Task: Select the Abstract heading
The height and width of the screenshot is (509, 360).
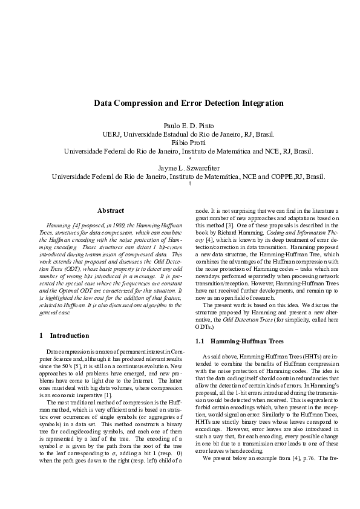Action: [x=111, y=210]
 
